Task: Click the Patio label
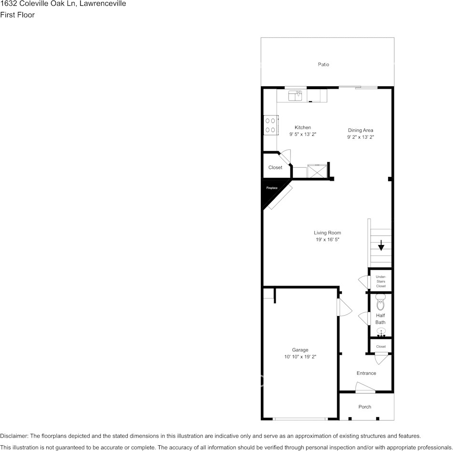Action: [323, 64]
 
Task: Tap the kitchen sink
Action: [295, 96]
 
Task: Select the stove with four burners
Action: [270, 125]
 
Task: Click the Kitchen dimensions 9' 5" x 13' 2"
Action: [303, 135]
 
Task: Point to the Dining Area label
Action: [360, 130]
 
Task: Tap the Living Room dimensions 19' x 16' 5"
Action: [327, 240]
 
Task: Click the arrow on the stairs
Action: [381, 246]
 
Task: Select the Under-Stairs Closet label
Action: [381, 281]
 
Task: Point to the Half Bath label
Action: [381, 319]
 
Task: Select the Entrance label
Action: [366, 373]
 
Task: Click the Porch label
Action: [365, 407]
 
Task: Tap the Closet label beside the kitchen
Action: [275, 168]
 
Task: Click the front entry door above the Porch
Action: [365, 389]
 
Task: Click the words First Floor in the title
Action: [17, 15]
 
